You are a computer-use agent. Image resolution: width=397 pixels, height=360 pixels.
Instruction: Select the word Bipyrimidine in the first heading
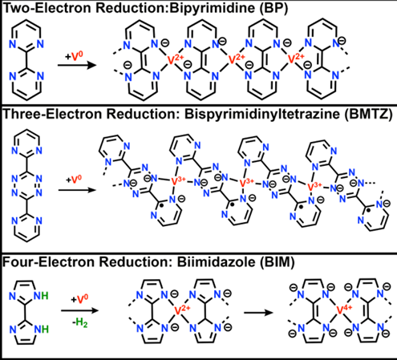pos(212,8)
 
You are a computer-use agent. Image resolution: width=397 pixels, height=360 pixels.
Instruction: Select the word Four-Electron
pos(47,262)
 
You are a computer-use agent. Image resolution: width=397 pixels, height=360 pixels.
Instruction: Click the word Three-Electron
pos(51,114)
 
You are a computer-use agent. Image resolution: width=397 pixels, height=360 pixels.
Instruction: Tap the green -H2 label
pos(80,323)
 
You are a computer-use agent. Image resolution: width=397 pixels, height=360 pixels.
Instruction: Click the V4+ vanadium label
pos(344,309)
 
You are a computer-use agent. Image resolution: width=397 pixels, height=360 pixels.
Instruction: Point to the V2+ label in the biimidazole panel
pos(182,310)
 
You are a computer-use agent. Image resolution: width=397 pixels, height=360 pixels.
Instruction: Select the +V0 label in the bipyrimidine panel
pos(74,56)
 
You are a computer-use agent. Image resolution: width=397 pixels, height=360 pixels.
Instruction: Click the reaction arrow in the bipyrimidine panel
pos(77,65)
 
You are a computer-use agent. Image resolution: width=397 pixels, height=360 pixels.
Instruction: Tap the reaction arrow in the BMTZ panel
pos(77,190)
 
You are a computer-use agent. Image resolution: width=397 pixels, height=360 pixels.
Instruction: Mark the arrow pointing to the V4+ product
pos(258,313)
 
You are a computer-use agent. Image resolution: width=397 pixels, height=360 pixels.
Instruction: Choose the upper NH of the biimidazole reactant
pos(41,296)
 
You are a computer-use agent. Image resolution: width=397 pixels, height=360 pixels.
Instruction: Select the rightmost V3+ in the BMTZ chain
pos(314,185)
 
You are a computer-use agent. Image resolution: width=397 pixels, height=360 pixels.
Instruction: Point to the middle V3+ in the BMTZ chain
pos(246,182)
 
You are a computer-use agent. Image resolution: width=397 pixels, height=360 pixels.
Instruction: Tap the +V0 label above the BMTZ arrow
pos(74,179)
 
